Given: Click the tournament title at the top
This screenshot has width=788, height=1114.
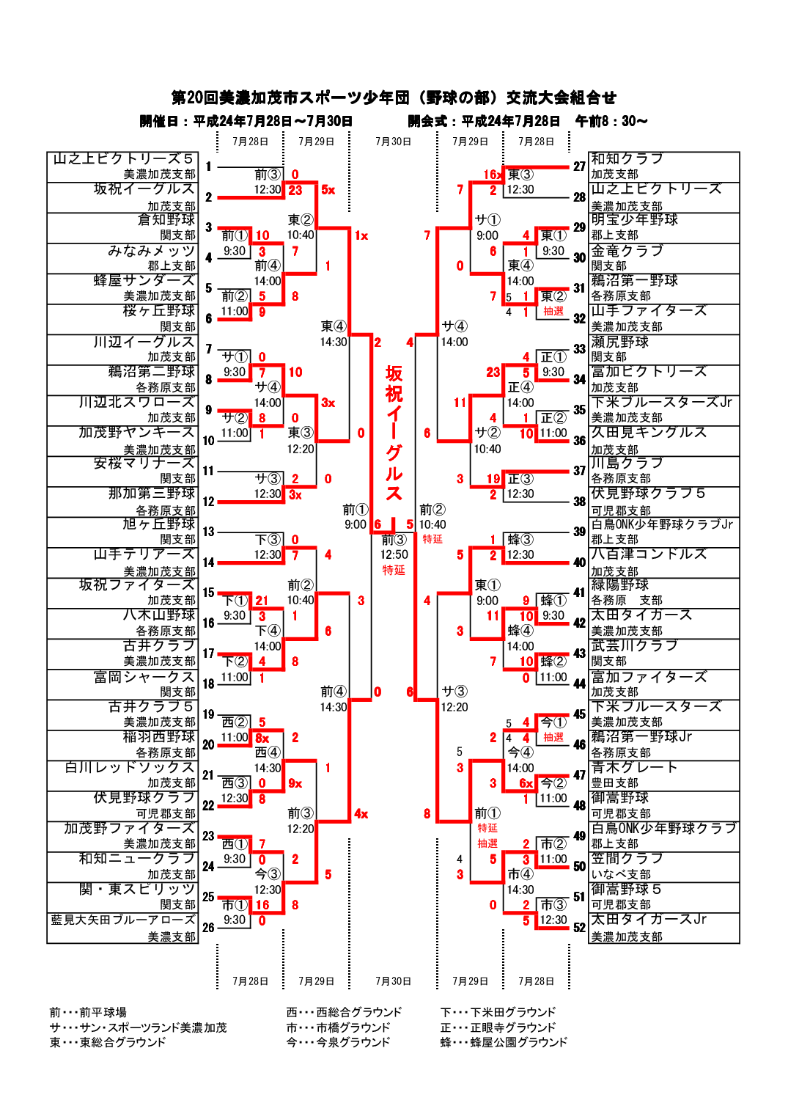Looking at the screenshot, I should [x=394, y=98].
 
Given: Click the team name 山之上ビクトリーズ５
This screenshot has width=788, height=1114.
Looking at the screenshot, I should [x=123, y=159].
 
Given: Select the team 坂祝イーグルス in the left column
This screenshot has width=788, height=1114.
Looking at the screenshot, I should [x=144, y=189].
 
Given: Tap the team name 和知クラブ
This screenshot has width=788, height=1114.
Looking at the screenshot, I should [x=627, y=159].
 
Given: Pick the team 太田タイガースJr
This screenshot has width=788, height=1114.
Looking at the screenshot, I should [x=649, y=920].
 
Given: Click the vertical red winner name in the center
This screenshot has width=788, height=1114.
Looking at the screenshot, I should [x=394, y=433].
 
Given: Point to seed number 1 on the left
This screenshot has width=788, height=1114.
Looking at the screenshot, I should [x=208, y=166].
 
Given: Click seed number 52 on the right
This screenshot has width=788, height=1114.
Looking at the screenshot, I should [x=579, y=927].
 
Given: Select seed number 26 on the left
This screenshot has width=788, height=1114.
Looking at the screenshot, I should [x=208, y=927].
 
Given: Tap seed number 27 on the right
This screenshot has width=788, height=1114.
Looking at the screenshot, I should [x=579, y=166].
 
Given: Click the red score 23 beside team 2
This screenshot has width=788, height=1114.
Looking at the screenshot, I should [x=295, y=190].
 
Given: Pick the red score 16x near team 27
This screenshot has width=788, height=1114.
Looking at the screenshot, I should [x=493, y=175].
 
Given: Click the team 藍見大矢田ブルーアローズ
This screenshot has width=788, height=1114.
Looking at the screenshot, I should [x=123, y=920].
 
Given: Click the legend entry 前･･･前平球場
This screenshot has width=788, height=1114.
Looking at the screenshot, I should [x=88, y=1012].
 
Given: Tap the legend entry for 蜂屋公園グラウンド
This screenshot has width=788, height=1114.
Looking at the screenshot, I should [x=504, y=1042].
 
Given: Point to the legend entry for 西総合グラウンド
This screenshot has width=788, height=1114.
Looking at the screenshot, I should [x=344, y=1012].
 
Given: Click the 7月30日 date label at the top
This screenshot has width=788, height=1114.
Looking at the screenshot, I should [x=393, y=142].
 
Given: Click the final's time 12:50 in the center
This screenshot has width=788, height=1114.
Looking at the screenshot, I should [x=394, y=555].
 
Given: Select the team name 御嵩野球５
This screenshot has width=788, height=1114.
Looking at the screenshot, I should [x=626, y=889].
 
